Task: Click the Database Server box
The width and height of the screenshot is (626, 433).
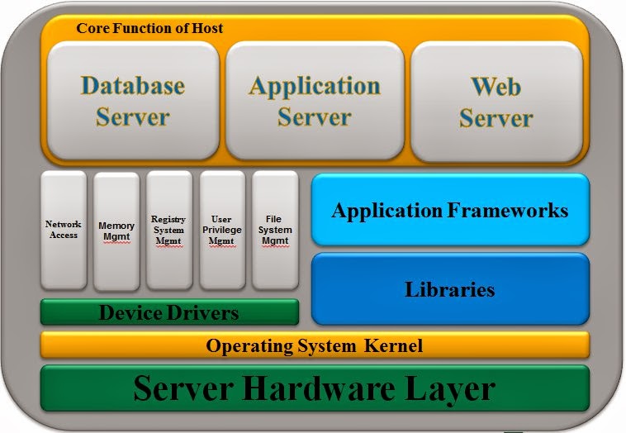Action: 132,101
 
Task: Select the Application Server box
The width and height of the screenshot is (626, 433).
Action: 315,101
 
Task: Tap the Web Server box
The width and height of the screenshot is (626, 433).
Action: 496,101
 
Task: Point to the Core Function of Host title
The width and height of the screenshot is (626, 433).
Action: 149,28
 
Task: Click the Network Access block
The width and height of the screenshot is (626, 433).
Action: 64,231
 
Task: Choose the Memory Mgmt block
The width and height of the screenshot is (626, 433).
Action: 116,231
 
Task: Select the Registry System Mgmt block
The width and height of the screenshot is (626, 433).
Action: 168,231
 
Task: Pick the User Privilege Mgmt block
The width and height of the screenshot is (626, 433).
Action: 222,231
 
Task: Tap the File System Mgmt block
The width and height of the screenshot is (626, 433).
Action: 274,231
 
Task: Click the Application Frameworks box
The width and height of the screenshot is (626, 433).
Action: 450,210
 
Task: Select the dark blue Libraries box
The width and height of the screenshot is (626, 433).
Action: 450,289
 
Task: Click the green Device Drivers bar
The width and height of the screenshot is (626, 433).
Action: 169,312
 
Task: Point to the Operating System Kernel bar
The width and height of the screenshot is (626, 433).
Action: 315,345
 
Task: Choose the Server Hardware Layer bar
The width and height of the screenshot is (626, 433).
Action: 315,388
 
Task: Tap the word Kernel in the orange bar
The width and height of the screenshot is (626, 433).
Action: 392,345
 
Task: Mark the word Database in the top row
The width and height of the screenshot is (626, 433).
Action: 132,85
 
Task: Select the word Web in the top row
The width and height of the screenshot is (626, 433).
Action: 496,85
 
